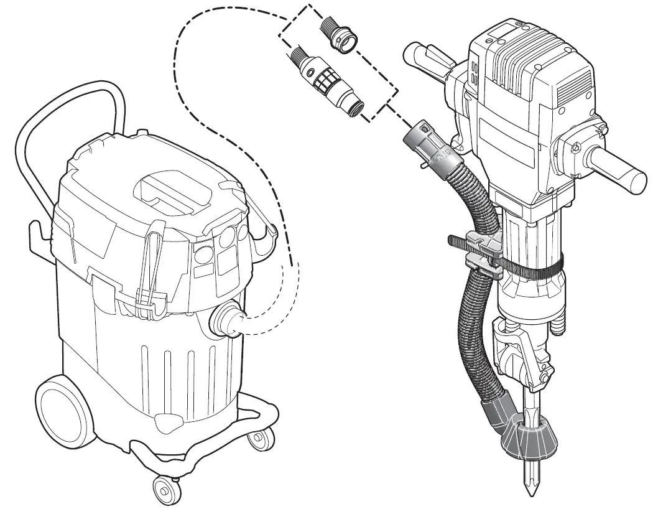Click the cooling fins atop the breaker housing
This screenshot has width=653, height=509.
[x=516, y=59]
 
